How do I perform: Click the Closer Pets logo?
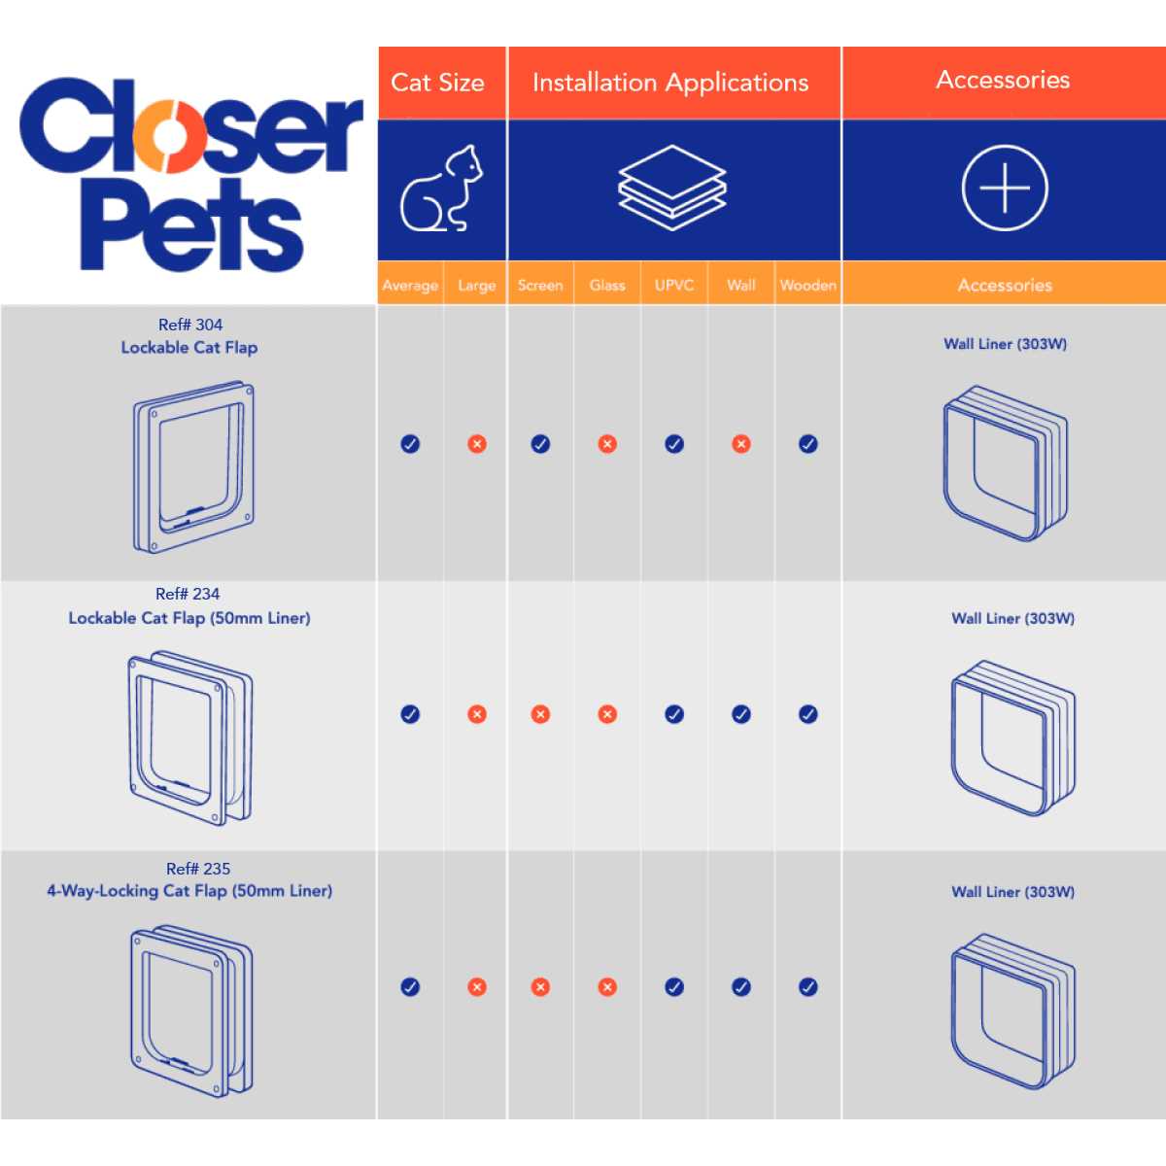[190, 174]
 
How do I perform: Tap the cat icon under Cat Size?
[441, 189]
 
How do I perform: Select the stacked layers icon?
[672, 188]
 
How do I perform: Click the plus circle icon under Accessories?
[1005, 189]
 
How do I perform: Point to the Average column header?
[410, 285]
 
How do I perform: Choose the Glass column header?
[607, 285]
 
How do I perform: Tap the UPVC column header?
[674, 285]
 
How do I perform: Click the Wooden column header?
[808, 285]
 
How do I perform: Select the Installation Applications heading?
[670, 83]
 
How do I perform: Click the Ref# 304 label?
[190, 325]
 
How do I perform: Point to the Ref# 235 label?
[198, 869]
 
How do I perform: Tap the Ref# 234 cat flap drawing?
[190, 738]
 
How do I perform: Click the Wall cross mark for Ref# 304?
[741, 444]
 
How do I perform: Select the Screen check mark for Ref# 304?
[540, 444]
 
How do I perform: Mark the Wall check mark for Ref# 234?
[741, 714]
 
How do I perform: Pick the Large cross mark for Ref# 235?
[477, 987]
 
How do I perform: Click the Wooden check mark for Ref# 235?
[808, 987]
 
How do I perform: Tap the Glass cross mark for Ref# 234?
[607, 714]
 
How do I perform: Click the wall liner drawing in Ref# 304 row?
[1005, 463]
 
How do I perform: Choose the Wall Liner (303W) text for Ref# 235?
[1012, 892]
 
